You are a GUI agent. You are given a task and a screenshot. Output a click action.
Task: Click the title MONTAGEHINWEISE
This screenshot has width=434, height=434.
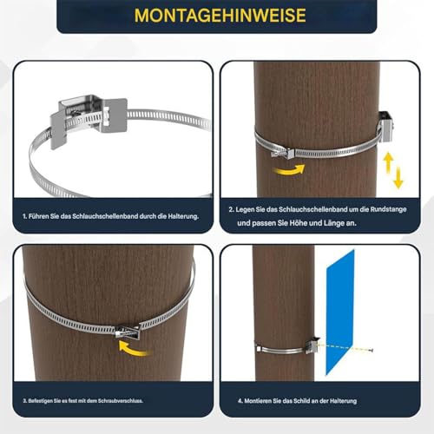217,16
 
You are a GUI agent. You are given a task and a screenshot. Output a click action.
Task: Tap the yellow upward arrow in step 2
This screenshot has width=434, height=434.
389,161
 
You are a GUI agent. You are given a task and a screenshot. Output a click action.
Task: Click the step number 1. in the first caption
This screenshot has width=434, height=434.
25,215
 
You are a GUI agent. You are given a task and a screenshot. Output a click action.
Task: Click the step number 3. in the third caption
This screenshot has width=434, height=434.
25,400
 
